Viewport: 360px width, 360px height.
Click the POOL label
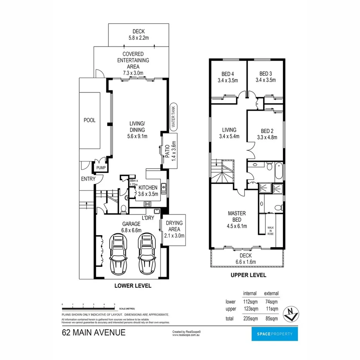pos(89,120)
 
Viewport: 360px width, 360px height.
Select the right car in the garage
pos(146,253)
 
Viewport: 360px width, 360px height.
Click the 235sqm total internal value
pos(250,319)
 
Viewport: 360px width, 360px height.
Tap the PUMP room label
pos(100,168)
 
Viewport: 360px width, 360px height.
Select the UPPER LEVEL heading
pos(248,275)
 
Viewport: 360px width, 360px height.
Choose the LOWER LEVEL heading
pos(132,286)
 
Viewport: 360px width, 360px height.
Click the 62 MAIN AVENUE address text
pos(93,333)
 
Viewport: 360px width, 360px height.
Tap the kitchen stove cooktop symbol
pos(147,204)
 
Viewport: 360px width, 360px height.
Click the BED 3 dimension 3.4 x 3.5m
pos(265,80)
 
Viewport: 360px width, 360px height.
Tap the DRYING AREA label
pos(174,229)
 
